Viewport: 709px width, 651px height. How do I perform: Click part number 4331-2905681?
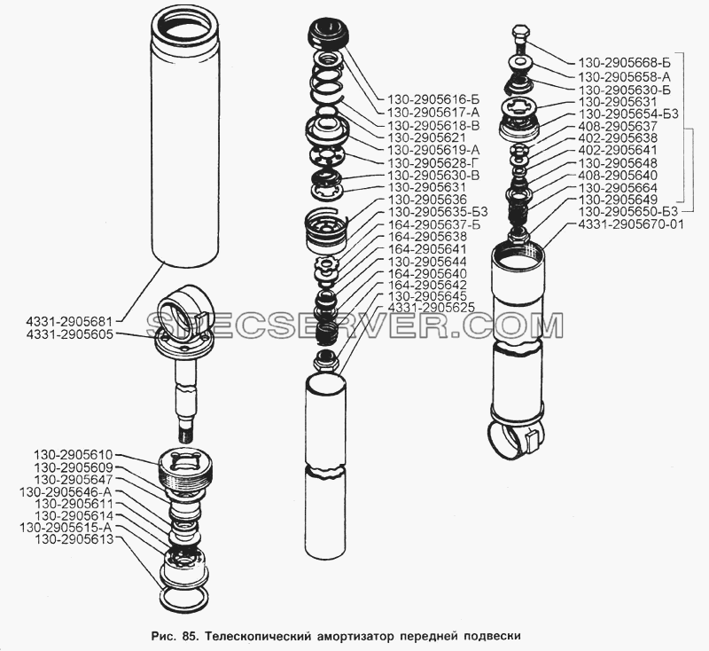(x=69, y=322)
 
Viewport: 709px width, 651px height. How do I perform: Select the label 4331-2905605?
(x=69, y=334)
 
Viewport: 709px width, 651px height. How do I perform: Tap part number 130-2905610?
(x=74, y=455)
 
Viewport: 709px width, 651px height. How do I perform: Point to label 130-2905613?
(x=74, y=539)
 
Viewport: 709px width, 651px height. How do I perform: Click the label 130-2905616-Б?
(x=426, y=99)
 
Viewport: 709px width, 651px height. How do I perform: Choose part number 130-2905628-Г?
(x=428, y=162)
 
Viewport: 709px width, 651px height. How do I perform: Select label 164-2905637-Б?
(x=428, y=225)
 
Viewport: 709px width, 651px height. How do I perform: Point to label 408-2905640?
(x=618, y=175)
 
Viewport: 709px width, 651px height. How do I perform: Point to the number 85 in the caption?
(x=188, y=636)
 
